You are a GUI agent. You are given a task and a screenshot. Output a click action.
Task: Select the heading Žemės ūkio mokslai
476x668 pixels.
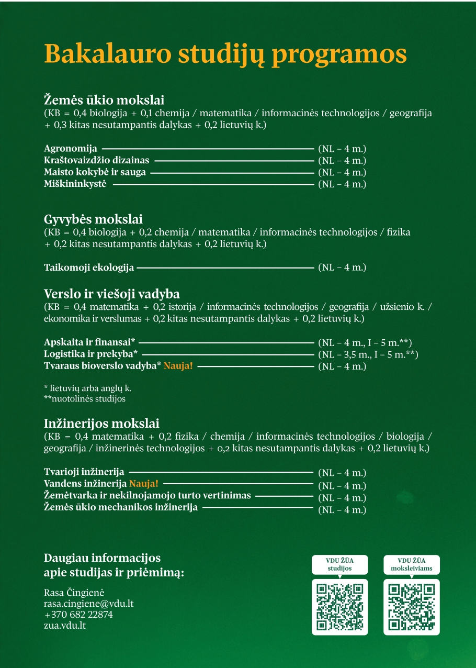pos(104,100)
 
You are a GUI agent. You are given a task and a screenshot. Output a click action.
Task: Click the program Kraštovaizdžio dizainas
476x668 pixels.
pos(97,160)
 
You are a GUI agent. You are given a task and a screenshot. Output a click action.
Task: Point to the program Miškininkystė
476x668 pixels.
pos(75,184)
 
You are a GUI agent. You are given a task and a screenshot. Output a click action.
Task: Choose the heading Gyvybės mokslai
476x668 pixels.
pos(93,219)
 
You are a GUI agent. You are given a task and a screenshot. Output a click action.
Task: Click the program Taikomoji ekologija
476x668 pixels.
pos(89,268)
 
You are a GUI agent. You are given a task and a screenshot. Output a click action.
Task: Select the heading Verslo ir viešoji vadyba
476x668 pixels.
pos(112,293)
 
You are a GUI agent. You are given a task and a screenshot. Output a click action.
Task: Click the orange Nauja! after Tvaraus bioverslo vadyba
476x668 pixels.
pos(178,366)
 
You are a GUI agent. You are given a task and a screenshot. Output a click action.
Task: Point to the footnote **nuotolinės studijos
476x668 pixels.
pos(85,399)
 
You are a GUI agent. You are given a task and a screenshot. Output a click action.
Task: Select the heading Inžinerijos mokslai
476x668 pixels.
pos(101,423)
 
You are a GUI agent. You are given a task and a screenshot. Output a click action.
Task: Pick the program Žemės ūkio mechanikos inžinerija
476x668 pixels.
pos(121,507)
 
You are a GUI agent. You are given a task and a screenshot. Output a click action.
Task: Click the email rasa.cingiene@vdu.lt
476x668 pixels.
pos(89,603)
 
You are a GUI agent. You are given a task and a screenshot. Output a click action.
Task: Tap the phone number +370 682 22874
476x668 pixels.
pos(78,615)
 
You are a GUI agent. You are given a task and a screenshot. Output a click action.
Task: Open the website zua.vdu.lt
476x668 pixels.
pos(65,626)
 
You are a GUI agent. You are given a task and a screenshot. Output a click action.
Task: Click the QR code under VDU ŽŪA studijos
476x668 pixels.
pos(339,606)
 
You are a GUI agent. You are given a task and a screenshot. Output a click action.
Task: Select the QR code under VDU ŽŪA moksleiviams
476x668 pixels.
pos(412,606)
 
